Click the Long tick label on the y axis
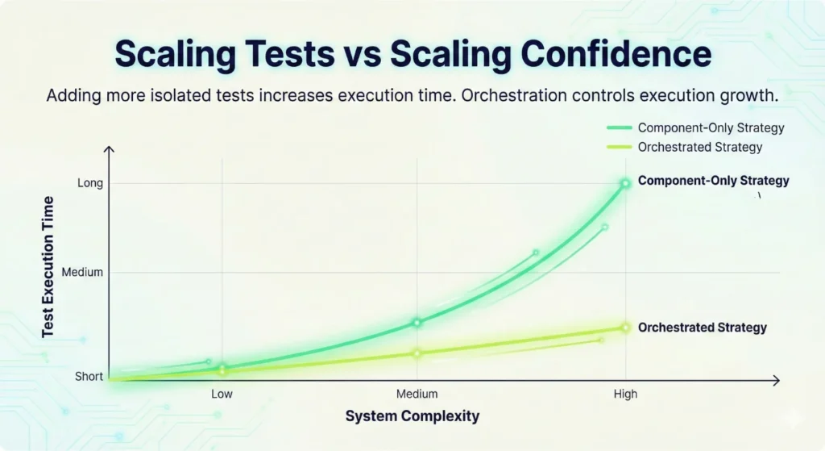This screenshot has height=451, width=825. point(90,183)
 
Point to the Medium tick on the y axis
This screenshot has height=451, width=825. point(83,272)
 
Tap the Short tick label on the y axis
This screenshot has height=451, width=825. point(89,377)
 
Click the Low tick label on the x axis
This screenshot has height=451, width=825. point(222,394)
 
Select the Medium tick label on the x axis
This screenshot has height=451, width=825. point(417,394)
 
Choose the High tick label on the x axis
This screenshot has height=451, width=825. point(625,394)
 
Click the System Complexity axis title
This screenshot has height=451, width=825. point(412,416)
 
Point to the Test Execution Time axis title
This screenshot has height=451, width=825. point(48,265)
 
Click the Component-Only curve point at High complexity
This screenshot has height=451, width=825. point(625,183)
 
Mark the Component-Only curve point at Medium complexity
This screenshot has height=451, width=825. point(417,322)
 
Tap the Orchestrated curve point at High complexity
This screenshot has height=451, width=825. point(625,327)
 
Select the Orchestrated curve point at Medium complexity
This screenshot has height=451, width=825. point(417,353)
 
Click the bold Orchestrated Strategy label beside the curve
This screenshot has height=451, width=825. point(702,328)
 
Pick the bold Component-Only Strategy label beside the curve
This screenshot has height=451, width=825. point(713,181)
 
